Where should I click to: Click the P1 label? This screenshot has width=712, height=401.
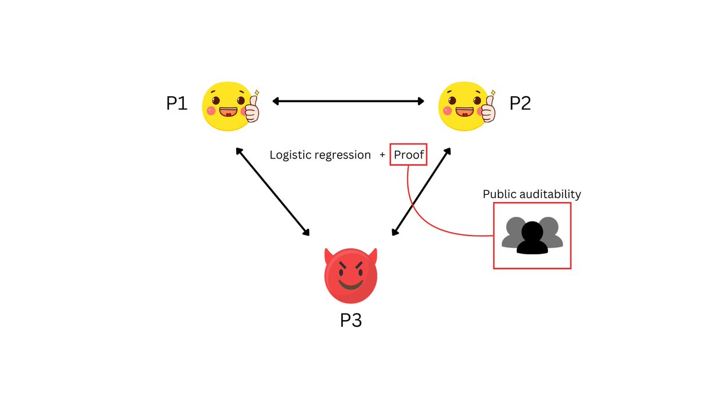(x=177, y=104)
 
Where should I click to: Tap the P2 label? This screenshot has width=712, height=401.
(x=520, y=104)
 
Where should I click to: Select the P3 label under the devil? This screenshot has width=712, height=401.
(x=351, y=321)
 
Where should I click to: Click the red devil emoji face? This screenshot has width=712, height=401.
(x=351, y=277)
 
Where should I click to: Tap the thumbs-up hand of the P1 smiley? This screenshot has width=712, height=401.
(x=252, y=108)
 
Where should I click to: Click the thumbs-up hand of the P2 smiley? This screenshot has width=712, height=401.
(x=488, y=108)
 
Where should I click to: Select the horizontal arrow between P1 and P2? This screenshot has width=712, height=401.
(x=348, y=102)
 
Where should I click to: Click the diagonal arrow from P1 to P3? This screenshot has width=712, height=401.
(x=273, y=191)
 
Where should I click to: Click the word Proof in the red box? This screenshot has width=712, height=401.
(x=409, y=155)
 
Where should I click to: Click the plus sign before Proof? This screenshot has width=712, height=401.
(x=383, y=155)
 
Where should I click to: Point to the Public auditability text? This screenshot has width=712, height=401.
(x=532, y=194)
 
